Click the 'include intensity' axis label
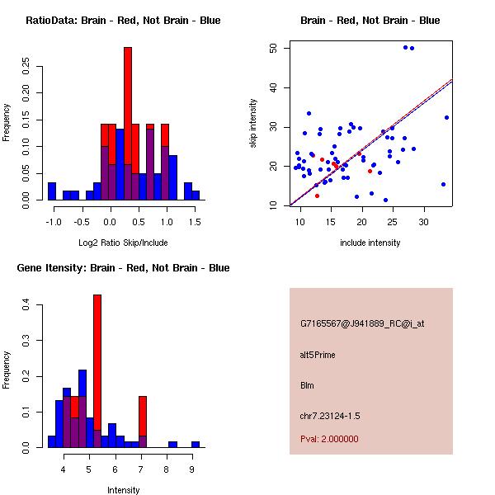(x=370, y=243)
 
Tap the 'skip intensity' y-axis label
(x=253, y=124)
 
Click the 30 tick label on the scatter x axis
(x=424, y=222)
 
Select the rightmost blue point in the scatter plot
(x=446, y=117)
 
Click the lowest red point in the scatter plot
(x=317, y=196)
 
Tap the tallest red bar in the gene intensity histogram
(x=97, y=363)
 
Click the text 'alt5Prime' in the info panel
(x=318, y=356)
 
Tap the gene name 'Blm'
(x=307, y=385)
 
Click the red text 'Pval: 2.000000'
(x=329, y=439)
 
